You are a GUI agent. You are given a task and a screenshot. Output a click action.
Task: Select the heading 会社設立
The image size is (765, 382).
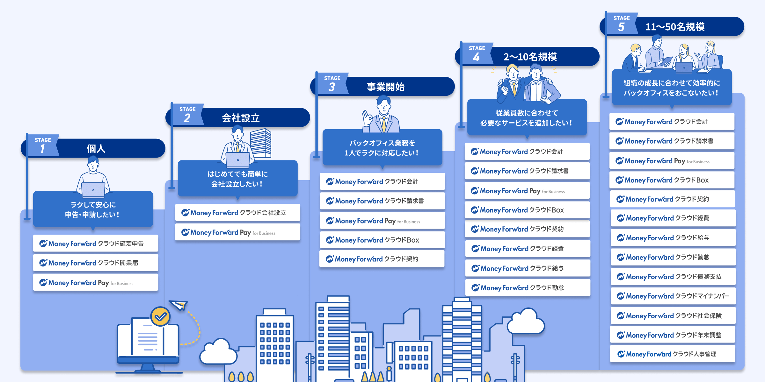point(241,118)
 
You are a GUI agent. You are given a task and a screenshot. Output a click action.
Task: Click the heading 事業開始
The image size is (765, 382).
point(386,87)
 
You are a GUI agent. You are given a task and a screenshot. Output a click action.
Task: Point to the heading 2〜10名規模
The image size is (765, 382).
point(530,57)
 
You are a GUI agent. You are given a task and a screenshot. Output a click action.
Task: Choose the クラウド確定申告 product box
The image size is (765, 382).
point(96,243)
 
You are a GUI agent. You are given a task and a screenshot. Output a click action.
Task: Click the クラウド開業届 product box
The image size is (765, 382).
point(96,263)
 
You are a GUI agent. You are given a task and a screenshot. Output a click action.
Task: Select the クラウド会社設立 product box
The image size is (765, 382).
point(238,212)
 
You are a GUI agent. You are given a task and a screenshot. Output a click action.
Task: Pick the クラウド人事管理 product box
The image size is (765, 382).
point(673,354)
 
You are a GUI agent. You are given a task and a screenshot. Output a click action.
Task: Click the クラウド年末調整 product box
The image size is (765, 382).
point(673,335)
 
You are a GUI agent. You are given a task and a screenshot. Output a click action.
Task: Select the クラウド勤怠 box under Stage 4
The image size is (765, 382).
point(528,287)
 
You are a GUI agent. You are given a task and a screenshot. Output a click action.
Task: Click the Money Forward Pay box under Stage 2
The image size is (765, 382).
point(238,232)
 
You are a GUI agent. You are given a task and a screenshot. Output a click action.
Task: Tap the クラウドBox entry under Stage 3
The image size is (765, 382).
point(382,240)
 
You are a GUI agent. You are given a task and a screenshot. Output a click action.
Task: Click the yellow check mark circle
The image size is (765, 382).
point(160,316)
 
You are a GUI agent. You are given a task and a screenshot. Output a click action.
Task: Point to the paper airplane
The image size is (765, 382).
point(178,305)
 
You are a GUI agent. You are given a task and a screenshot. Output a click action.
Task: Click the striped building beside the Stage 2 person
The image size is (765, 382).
point(261,143)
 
